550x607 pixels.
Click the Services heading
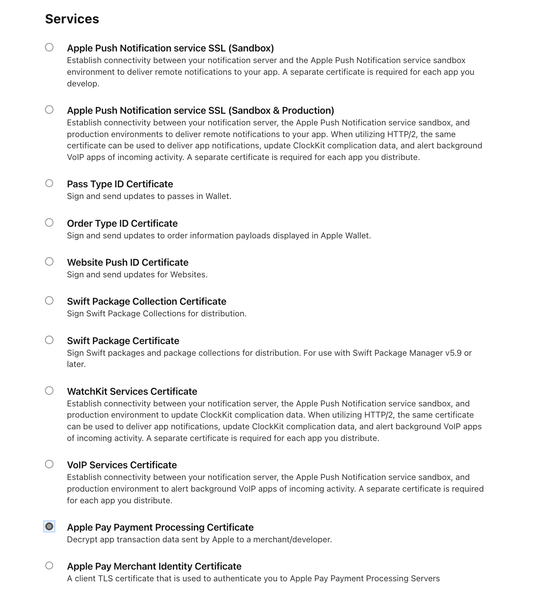click(72, 19)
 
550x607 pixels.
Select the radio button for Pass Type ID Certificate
click(49, 183)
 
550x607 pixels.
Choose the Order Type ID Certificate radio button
click(49, 223)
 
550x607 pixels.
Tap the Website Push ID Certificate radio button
click(49, 262)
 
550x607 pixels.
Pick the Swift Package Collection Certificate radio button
click(49, 301)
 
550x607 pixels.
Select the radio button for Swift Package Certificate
click(49, 340)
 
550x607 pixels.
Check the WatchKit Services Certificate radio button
click(49, 391)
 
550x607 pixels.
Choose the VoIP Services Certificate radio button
click(49, 464)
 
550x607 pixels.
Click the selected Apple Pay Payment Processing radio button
click(49, 527)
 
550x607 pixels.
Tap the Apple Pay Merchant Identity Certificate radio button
click(49, 566)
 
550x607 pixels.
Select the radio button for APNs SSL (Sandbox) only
click(49, 47)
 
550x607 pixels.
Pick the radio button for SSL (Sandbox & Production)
click(49, 110)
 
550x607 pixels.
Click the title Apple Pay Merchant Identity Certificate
click(154, 566)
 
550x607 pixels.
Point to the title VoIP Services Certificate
click(122, 465)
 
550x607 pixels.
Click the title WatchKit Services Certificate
click(132, 392)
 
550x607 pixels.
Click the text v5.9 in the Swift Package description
click(453, 353)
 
